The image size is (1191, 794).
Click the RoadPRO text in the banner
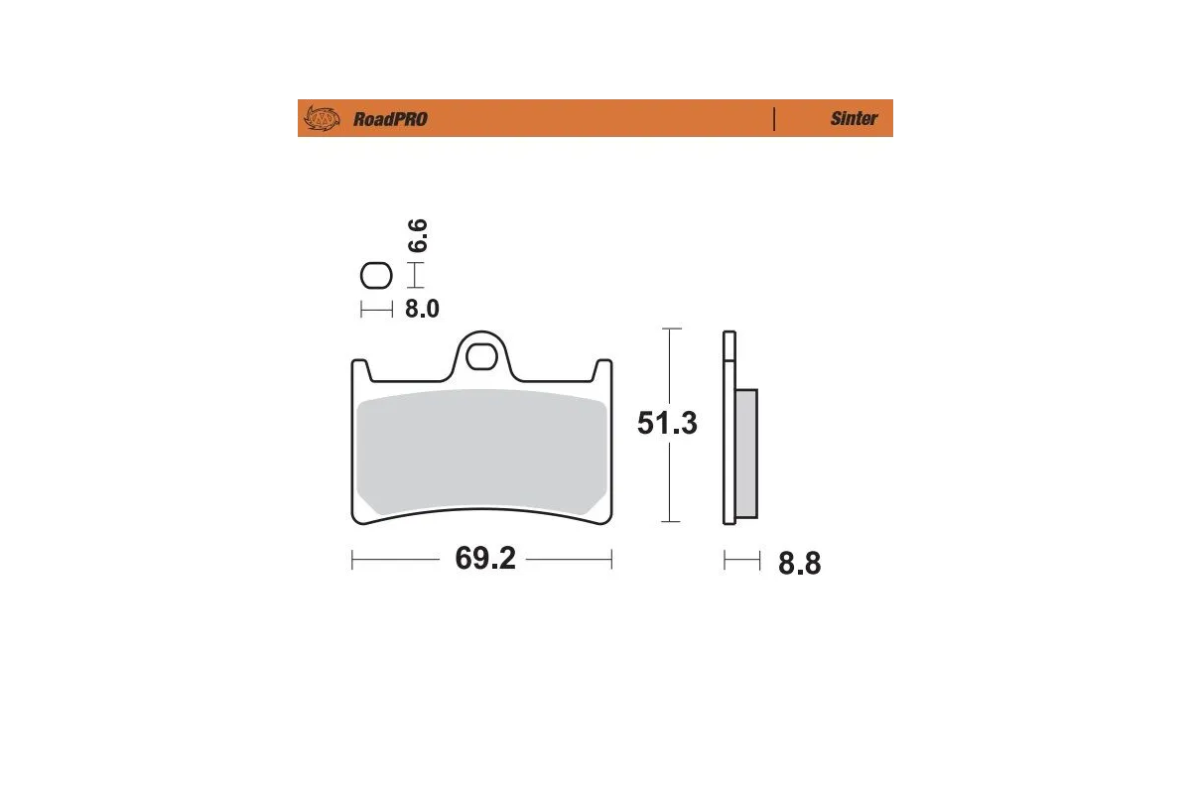(x=390, y=119)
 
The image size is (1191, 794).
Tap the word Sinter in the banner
(x=854, y=118)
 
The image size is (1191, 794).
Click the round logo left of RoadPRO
(x=321, y=119)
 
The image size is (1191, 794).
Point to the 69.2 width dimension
(x=485, y=560)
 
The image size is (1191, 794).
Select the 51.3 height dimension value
(x=667, y=424)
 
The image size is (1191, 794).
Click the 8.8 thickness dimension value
(x=799, y=564)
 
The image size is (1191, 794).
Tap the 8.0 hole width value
(x=422, y=309)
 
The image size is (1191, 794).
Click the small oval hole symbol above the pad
(x=376, y=275)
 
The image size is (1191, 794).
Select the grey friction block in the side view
(x=746, y=454)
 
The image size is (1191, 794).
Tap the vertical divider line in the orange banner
(x=773, y=118)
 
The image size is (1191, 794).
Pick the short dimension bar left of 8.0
(x=376, y=310)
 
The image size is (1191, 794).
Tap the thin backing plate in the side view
(x=728, y=427)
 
